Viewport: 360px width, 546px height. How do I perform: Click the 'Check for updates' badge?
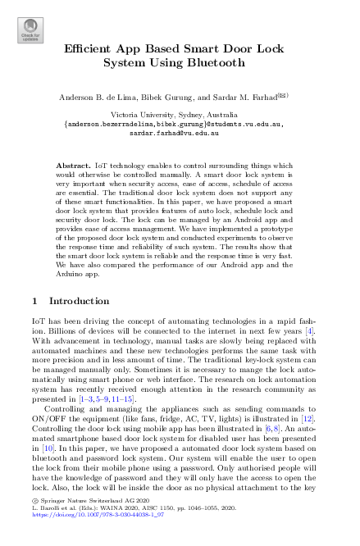click(x=30, y=30)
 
